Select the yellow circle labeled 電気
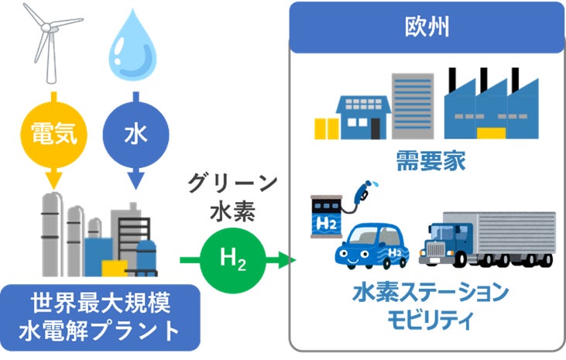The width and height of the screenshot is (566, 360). coord(53,133)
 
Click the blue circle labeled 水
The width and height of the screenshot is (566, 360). coord(136,133)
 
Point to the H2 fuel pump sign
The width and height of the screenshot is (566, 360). coord(327,221)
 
